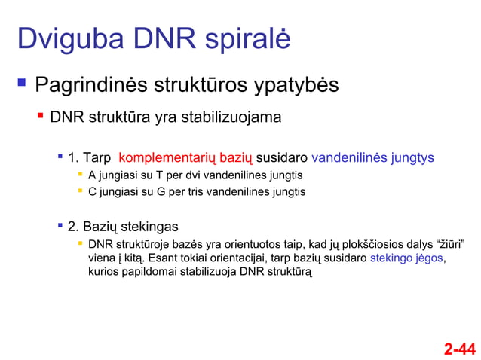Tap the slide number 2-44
459,349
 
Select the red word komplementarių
186,158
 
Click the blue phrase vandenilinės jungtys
372,158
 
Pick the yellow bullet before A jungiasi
79,174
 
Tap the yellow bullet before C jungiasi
79,191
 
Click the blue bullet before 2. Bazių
60,225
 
